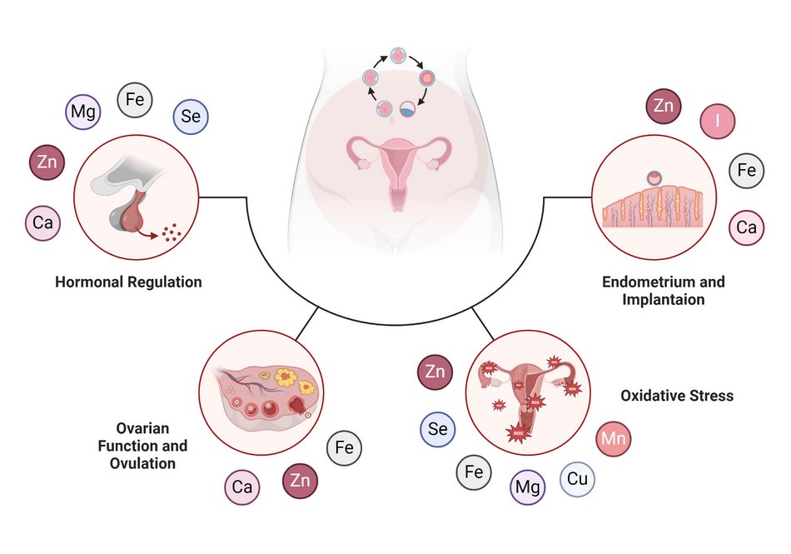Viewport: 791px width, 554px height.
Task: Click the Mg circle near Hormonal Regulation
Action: (x=82, y=112)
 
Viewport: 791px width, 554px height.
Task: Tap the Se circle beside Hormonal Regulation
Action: (x=191, y=117)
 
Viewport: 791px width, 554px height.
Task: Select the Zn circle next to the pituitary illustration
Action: (x=47, y=162)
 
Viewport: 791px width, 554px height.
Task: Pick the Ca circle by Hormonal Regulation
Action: (x=42, y=222)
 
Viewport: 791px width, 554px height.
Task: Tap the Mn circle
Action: (x=614, y=439)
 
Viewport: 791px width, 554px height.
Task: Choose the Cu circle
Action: (x=577, y=480)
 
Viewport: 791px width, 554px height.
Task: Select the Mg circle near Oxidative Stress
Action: (x=527, y=487)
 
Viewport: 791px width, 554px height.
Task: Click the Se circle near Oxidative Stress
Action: (x=436, y=429)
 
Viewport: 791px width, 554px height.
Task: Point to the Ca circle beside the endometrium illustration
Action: (x=746, y=227)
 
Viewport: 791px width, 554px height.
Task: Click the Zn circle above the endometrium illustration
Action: (x=664, y=106)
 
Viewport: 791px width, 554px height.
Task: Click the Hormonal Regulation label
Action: (x=128, y=282)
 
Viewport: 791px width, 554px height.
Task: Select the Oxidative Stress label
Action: (x=677, y=395)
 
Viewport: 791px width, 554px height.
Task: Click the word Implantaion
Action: (x=664, y=299)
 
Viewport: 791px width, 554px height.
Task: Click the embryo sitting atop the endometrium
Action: (x=655, y=178)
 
